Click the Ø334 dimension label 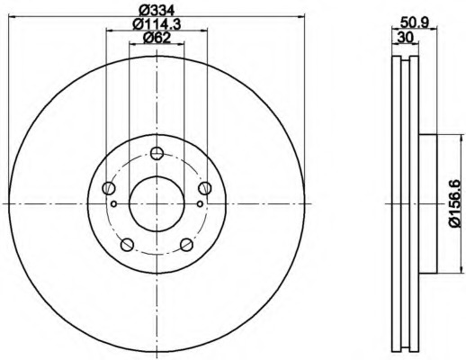tap(157, 11)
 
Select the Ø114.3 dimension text tap(157, 24)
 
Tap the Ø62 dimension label tap(157, 38)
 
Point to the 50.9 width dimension tap(416, 22)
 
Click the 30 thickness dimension tap(405, 38)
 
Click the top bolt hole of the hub tap(157, 153)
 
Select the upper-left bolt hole tap(109, 188)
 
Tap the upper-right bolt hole tap(205, 188)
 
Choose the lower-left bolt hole tap(127, 245)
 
